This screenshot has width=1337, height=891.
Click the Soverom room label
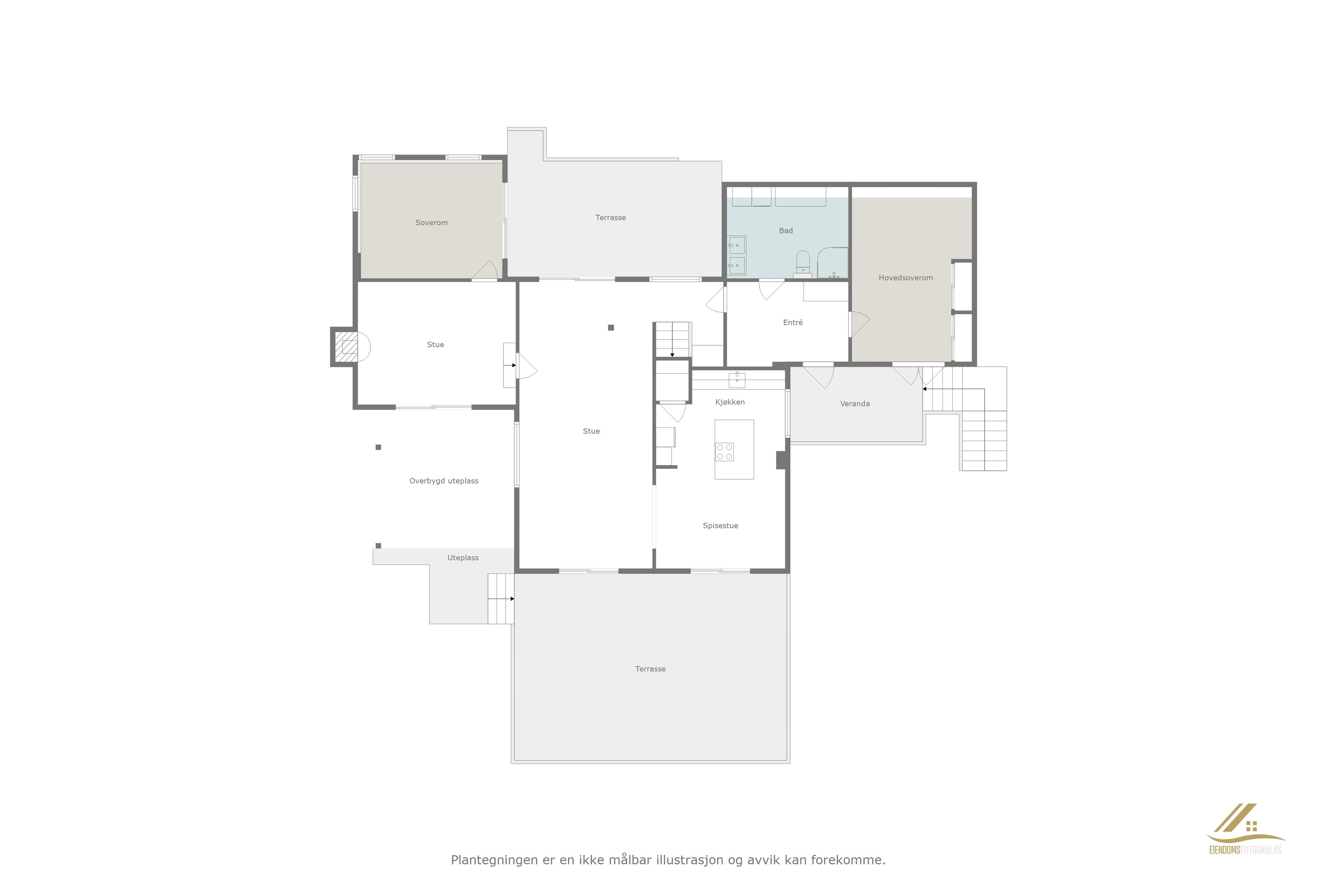coord(431,223)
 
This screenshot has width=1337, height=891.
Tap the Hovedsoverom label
coord(906,278)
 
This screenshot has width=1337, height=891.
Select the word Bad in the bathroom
coord(785,231)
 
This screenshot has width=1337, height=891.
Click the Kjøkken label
coord(730,402)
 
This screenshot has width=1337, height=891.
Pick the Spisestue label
coord(720,526)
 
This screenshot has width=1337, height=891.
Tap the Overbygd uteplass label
coord(443,481)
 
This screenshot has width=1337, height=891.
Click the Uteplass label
coord(463,558)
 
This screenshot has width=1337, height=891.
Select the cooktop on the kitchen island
coord(724,452)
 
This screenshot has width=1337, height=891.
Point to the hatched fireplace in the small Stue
coord(346,347)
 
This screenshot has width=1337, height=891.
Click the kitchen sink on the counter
coord(737,380)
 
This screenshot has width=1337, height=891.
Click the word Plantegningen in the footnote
coord(494,860)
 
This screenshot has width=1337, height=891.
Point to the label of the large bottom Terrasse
coord(650,669)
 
